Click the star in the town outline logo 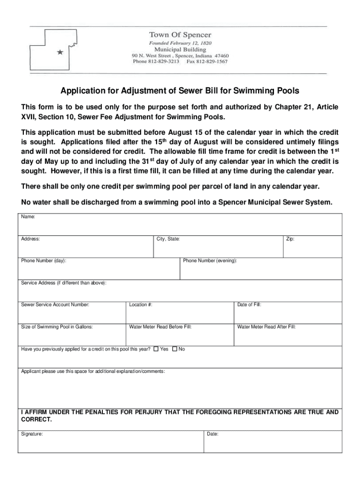tap(59, 52)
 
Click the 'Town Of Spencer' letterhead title tap(180, 35)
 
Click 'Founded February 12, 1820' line tap(180, 43)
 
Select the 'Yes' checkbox tap(156, 349)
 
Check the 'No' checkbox tap(175, 349)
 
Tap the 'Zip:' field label tap(290, 239)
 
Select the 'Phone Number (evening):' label tap(210, 261)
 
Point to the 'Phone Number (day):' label tap(43, 261)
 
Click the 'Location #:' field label tap(141, 305)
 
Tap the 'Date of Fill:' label tap(249, 305)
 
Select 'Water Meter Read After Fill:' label tap(266, 327)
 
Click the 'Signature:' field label tap(32, 434)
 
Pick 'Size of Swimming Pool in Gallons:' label tap(57, 327)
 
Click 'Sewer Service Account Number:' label tap(55, 305)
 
